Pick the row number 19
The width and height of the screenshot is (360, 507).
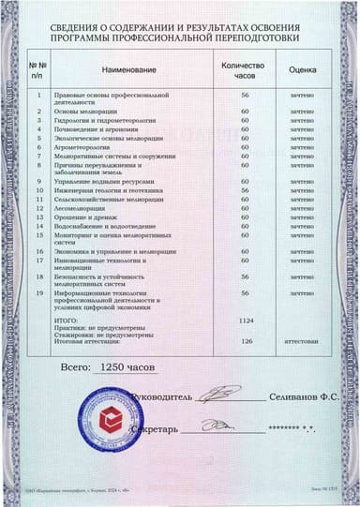click(38, 293)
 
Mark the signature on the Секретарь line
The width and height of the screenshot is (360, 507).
click(221, 425)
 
